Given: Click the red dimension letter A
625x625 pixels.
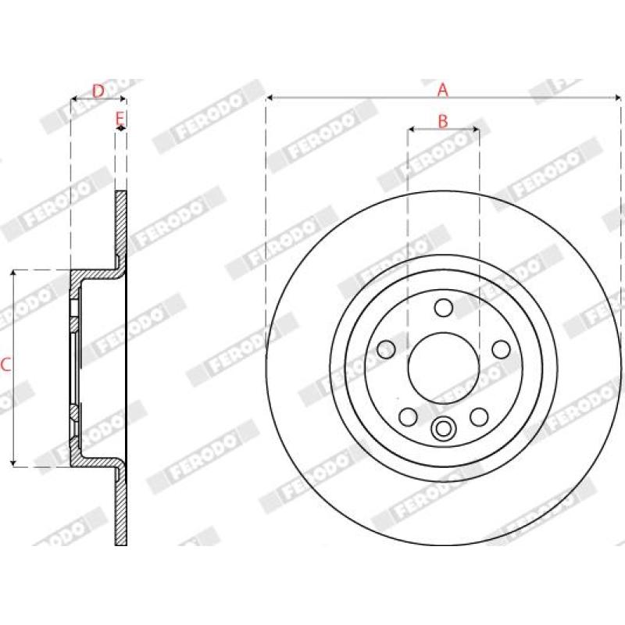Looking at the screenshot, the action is click(443, 90).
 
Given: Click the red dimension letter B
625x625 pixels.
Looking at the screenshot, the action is click(443, 121).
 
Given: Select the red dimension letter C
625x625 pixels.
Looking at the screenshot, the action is click(5, 365).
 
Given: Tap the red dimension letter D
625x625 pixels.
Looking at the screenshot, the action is click(98, 91).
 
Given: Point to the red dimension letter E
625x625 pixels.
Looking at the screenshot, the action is click(120, 119).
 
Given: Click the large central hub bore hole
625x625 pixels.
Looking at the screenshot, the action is click(443, 368).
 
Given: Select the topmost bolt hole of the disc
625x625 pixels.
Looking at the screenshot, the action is click(443, 308).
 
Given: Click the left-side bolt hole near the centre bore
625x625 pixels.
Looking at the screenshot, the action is click(386, 349).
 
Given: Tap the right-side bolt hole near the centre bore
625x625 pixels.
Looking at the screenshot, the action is click(501, 349).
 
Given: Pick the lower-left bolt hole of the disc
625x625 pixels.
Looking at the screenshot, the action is click(408, 417).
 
